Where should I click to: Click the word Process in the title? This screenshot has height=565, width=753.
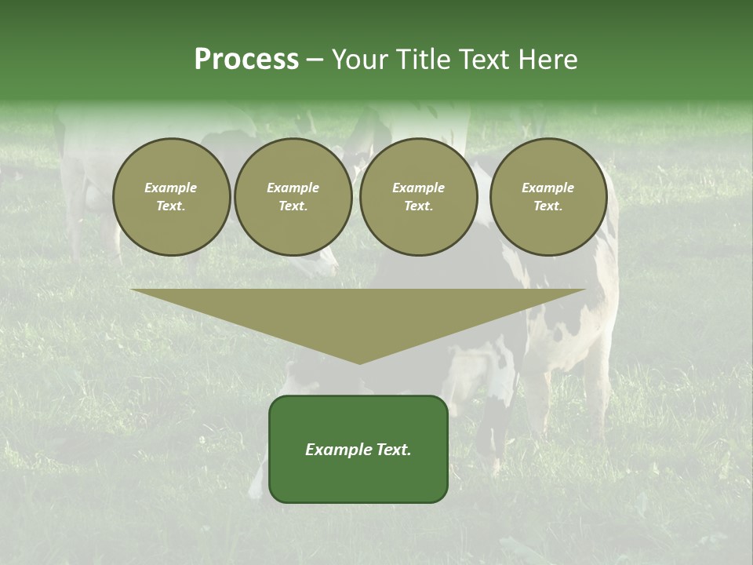pos(246,60)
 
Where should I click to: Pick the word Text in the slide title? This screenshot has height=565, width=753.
pos(482,60)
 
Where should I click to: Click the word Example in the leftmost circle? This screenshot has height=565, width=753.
pos(171,188)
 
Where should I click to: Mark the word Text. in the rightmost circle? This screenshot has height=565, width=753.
pos(548,206)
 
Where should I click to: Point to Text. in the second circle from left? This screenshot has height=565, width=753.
pos(293,206)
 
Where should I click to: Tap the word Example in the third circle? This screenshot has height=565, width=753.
pos(419,188)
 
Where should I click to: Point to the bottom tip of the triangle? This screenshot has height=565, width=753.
pos(359,362)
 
